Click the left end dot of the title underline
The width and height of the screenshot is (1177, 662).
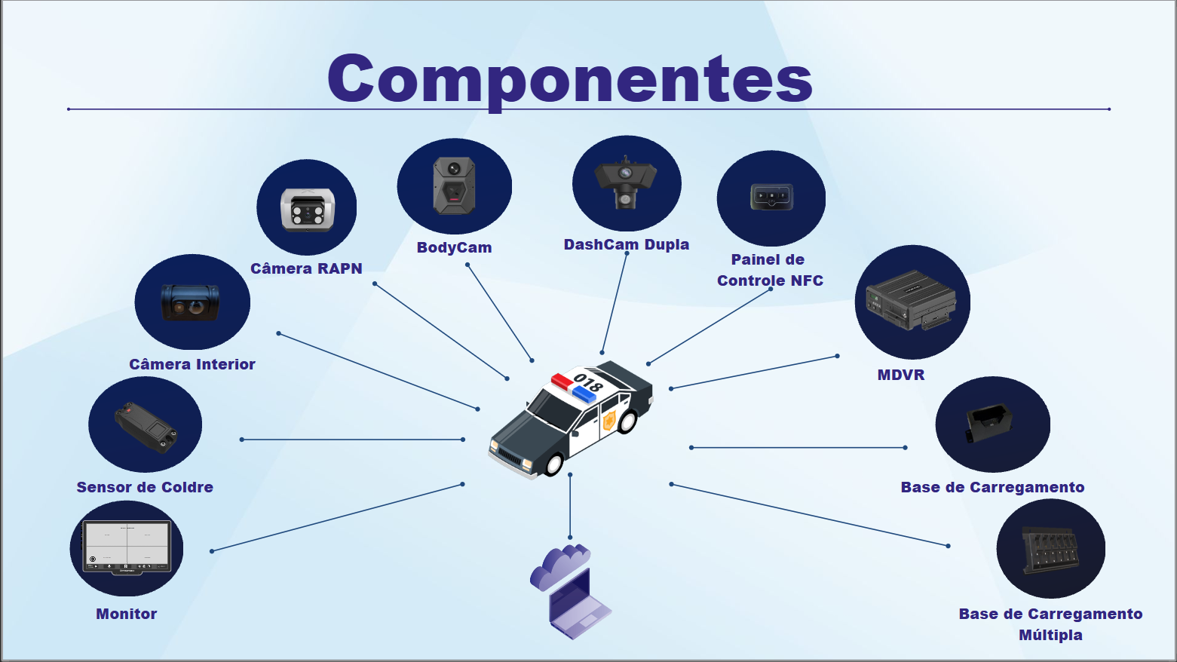[x=69, y=109]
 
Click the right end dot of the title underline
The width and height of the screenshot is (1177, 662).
[x=1108, y=109]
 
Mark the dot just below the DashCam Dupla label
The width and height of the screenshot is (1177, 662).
[x=627, y=254]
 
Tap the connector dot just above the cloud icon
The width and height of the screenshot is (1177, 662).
[x=570, y=538]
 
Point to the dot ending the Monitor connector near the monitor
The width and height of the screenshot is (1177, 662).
[x=212, y=551]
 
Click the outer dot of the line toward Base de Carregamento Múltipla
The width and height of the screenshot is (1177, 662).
[x=949, y=546]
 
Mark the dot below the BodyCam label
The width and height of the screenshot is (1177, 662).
[x=467, y=265]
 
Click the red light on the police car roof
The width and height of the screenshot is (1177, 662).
[x=562, y=381]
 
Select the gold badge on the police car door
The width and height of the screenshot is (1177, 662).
[x=609, y=420]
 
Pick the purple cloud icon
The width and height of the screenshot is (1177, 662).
[x=560, y=567]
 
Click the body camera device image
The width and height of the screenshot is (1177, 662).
[x=454, y=185]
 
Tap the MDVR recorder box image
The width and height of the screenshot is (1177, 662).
[x=911, y=300]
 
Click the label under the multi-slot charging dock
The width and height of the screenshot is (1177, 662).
[x=1050, y=624]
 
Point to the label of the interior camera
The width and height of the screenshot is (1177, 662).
[x=192, y=364]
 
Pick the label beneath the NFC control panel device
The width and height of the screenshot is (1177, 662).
[x=770, y=270]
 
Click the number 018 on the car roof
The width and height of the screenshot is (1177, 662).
[x=587, y=382]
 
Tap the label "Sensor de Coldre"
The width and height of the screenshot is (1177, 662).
[x=145, y=487]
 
